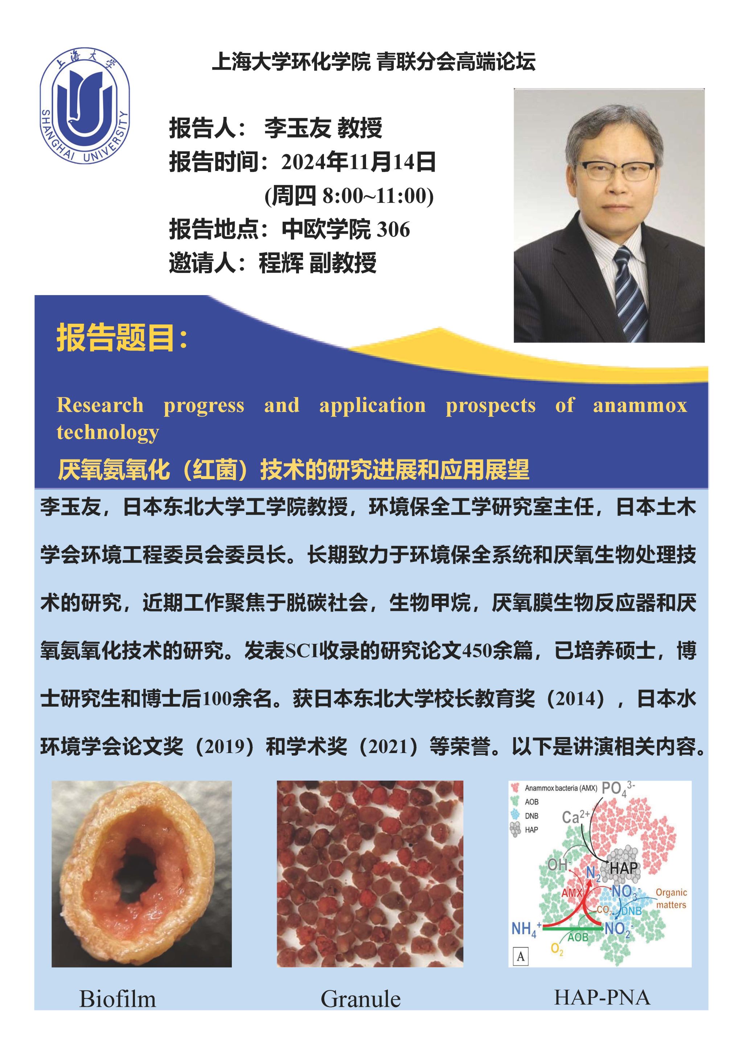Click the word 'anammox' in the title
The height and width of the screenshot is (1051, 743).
(640, 406)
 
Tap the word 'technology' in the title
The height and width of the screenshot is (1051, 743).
(108, 433)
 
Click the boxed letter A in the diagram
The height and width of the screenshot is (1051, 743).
(521, 957)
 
